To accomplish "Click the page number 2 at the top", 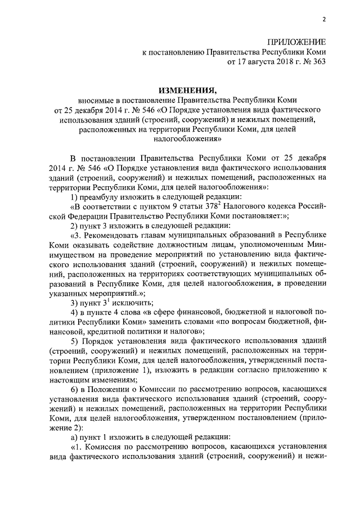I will click(324, 21).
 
